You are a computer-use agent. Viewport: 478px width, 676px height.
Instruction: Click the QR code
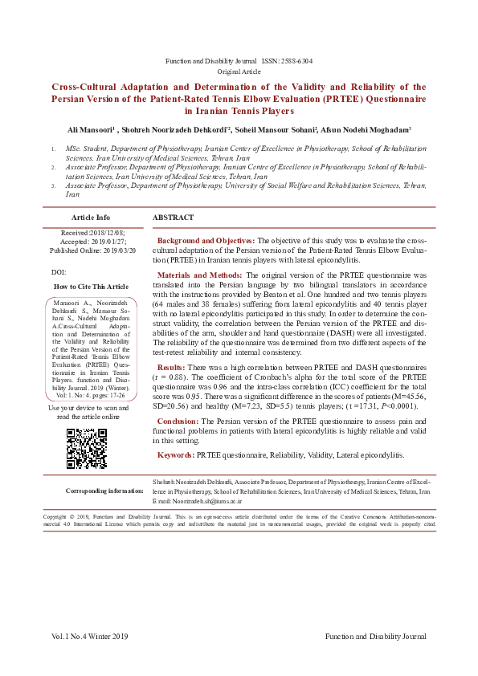pyautogui.click(x=86, y=448)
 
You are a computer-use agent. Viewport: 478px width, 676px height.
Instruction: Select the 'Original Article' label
pyautogui.click(x=239, y=71)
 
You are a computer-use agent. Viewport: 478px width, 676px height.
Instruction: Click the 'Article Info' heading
pyautogui.click(x=91, y=218)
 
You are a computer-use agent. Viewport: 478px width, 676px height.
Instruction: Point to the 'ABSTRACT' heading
pyautogui.click(x=173, y=218)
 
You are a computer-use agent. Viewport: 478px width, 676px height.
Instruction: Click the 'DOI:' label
pyautogui.click(x=58, y=273)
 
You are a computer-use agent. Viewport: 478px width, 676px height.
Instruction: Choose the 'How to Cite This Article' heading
pyautogui.click(x=91, y=286)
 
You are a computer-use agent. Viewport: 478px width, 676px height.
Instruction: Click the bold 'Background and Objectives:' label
pyautogui.click(x=206, y=241)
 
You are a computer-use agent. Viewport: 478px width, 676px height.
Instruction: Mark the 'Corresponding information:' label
pyautogui.click(x=104, y=490)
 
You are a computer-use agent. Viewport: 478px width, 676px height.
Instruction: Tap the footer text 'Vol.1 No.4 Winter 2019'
pyautogui.click(x=90, y=637)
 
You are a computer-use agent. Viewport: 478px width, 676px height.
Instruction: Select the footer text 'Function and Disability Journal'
pyautogui.click(x=375, y=637)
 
